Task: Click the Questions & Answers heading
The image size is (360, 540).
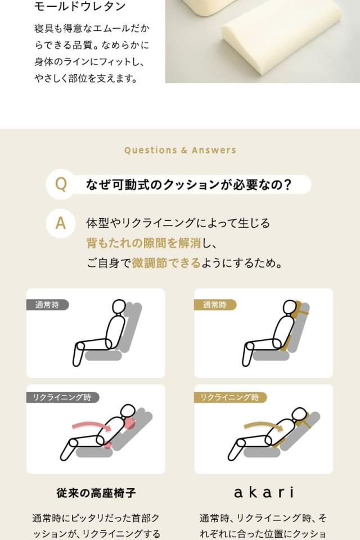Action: [x=180, y=150]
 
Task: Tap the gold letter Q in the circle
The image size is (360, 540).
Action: [x=60, y=184]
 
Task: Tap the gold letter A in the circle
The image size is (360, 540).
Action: [x=60, y=223]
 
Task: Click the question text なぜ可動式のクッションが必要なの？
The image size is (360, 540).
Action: [x=189, y=184]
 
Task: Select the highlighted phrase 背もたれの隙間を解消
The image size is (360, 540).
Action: [x=143, y=243]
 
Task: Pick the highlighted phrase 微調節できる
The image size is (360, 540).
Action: [x=166, y=263]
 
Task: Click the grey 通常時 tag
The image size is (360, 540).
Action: [x=47, y=305]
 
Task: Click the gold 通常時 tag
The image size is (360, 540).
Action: [x=215, y=305]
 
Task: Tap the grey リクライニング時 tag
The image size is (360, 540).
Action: [x=62, y=397]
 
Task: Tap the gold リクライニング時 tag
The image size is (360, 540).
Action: [x=230, y=397]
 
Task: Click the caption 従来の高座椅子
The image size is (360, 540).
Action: [x=96, y=493]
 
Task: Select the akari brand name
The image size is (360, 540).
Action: [x=263, y=493]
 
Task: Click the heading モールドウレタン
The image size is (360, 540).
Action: [x=80, y=7]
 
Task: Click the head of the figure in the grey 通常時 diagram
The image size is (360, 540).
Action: [x=119, y=307]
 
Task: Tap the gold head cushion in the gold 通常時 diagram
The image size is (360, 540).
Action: [x=299, y=308]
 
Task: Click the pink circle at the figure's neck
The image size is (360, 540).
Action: [x=130, y=423]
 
